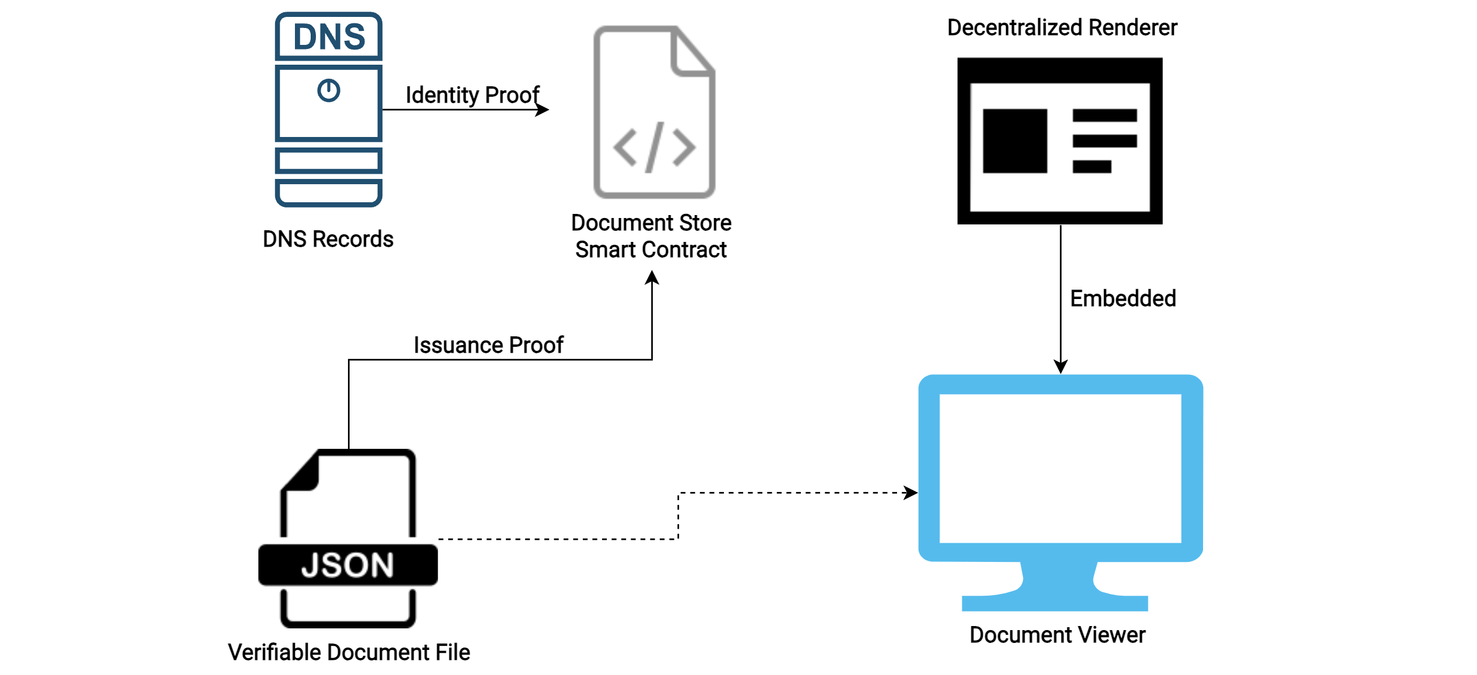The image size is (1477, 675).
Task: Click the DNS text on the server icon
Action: coord(329,37)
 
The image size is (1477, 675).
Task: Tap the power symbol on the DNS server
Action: coord(329,91)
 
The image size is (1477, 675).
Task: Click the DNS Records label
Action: coord(328,239)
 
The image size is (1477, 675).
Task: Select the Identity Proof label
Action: coord(472,95)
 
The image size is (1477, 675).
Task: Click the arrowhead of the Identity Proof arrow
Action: coord(543,110)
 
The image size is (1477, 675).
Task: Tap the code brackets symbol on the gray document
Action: coord(654,147)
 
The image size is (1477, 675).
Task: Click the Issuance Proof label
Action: coord(488,345)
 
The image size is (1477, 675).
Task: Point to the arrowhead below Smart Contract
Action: coord(652,277)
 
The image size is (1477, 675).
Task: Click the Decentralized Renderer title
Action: coord(1061,27)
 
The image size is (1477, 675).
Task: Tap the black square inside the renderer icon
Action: coord(1014,141)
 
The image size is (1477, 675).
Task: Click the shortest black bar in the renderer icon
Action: coord(1091,167)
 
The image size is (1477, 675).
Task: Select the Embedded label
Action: coord(1123,298)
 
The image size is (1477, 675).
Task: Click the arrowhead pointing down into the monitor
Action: coord(1060,367)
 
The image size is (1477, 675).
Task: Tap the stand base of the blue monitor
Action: coord(1054,603)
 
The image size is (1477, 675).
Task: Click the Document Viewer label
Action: coord(1057,635)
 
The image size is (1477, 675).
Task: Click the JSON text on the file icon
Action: coord(347,565)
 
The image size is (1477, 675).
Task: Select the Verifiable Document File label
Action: coord(349,652)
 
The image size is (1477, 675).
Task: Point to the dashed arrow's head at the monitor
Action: coord(911,493)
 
